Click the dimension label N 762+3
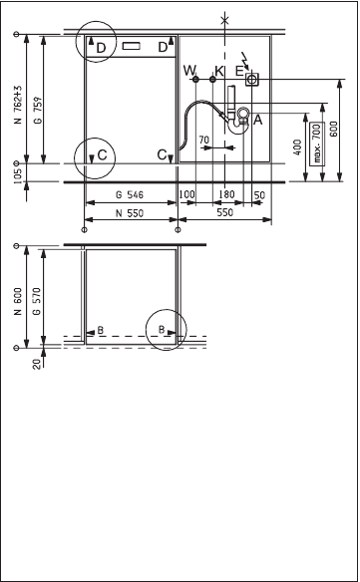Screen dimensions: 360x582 (19, 105)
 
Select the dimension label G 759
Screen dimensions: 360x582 (38, 110)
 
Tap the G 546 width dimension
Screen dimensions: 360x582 (130, 194)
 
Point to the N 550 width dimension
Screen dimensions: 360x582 (130, 213)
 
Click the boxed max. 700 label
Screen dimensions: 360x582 (317, 144)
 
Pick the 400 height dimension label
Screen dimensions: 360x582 (297, 147)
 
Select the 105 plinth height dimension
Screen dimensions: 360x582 (18, 173)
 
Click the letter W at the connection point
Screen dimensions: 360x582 (189, 70)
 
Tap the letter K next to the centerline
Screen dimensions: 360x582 (219, 71)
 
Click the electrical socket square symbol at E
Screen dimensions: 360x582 (252, 79)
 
